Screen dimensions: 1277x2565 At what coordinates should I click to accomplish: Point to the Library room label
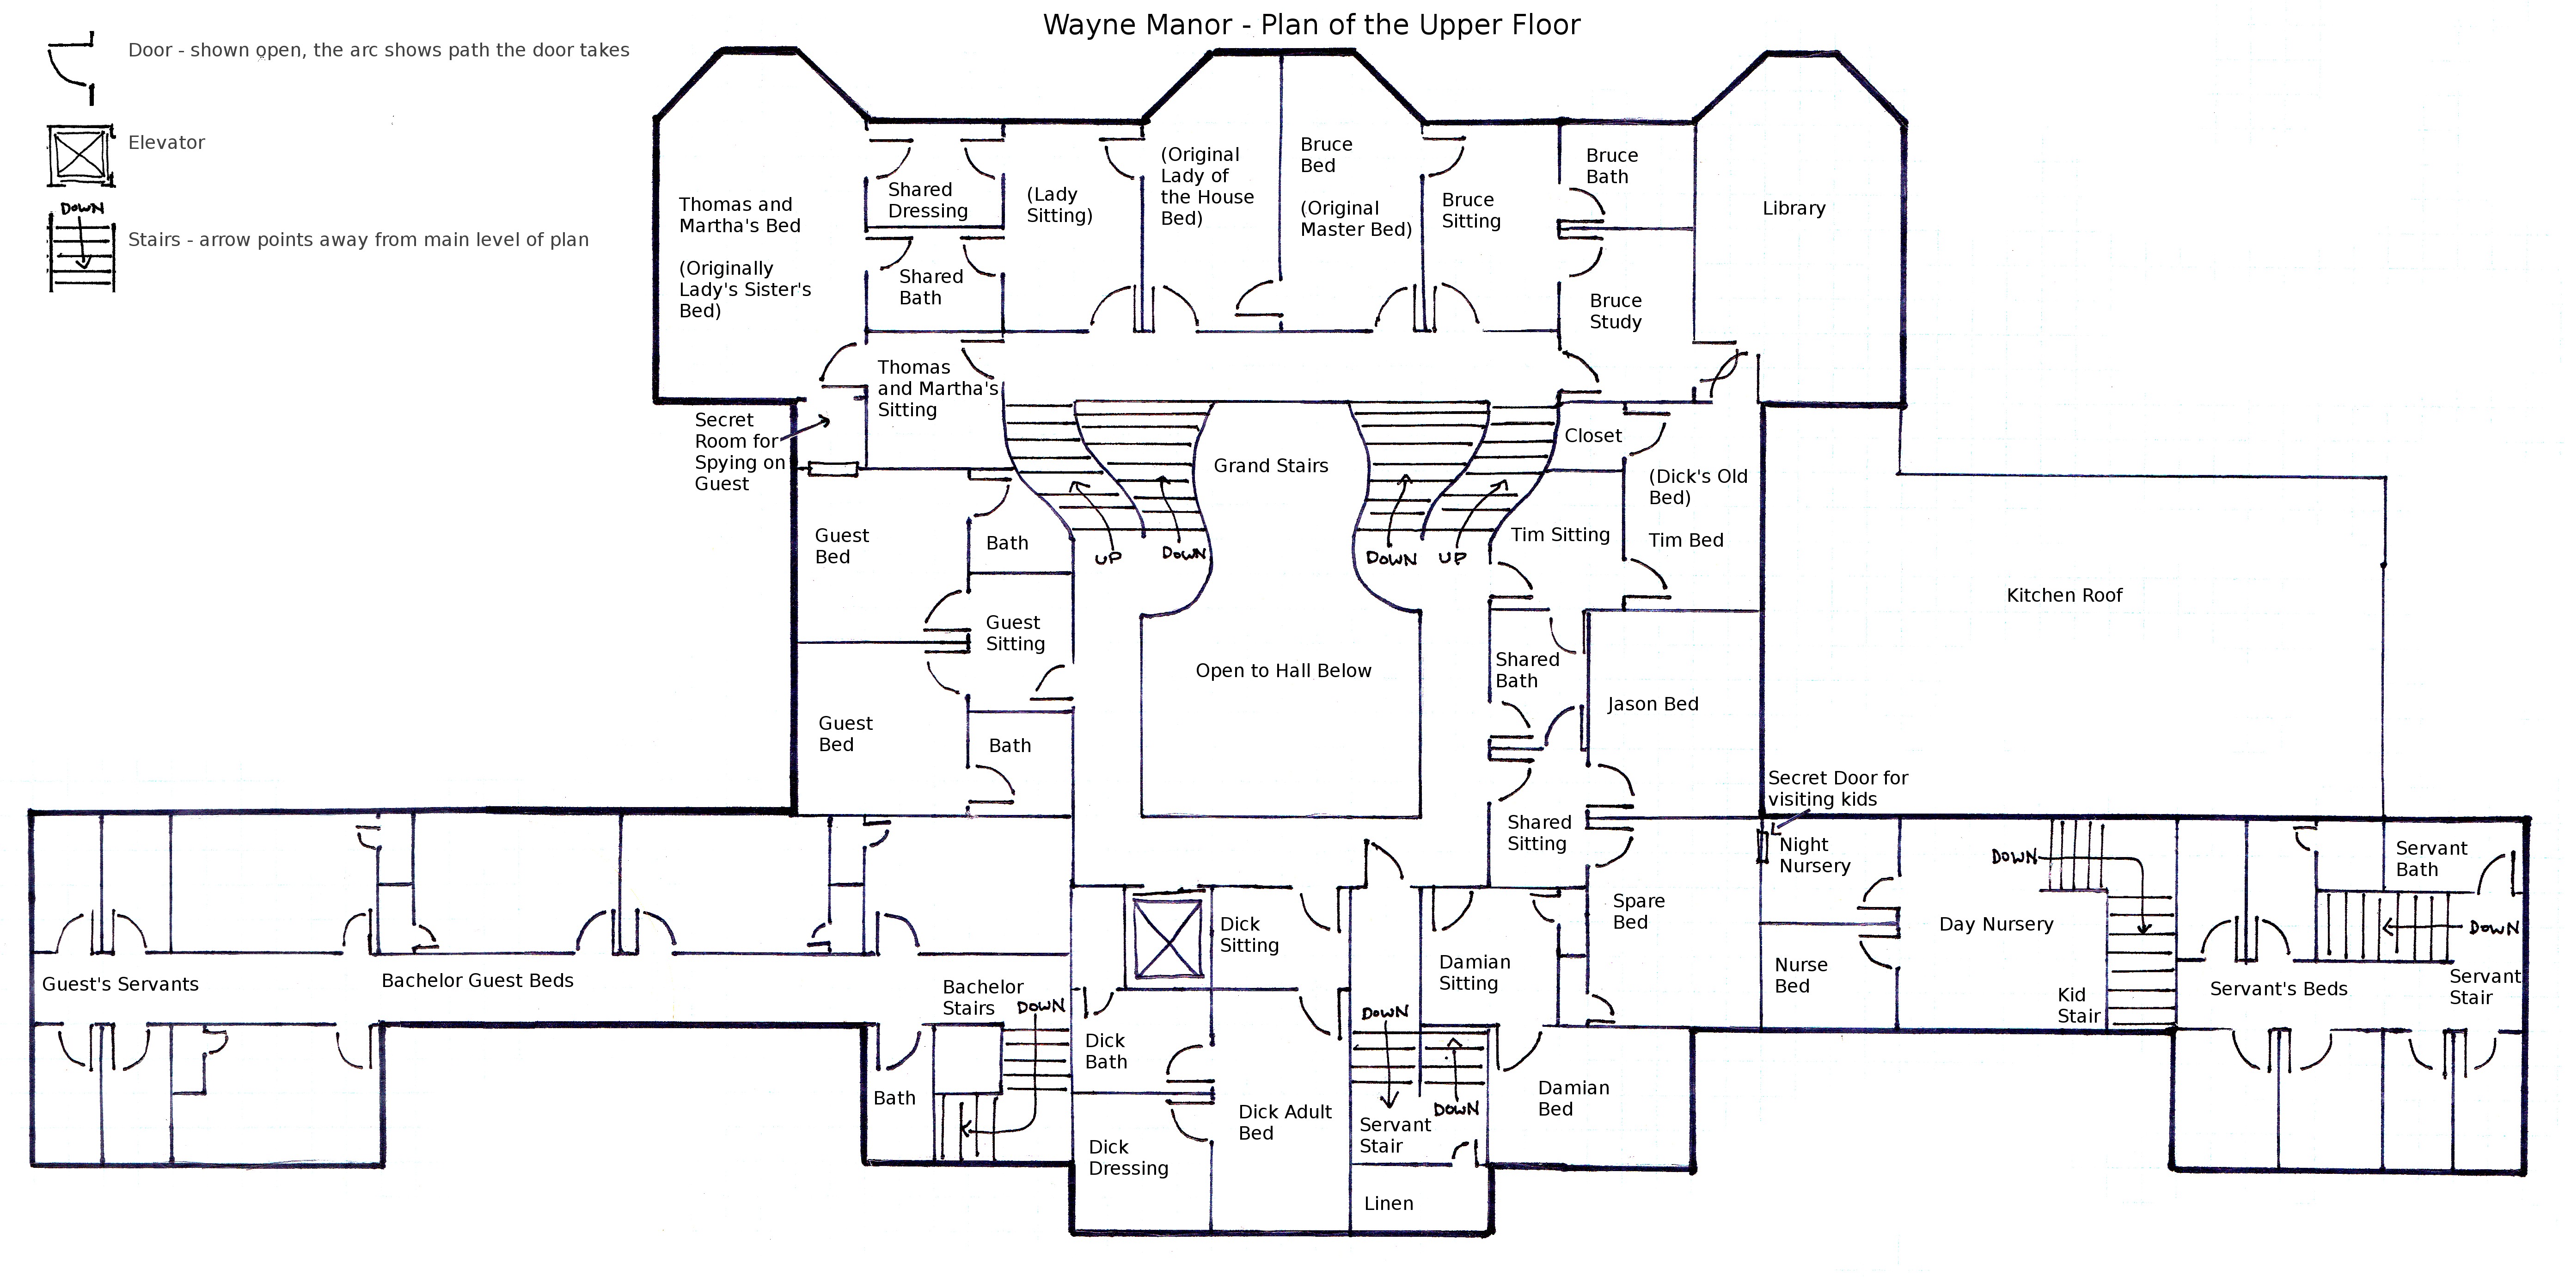tap(1794, 208)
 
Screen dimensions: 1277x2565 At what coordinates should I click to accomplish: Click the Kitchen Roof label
tap(2064, 596)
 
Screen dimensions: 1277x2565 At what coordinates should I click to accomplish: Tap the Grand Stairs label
tap(1271, 466)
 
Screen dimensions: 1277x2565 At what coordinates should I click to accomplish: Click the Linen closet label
tap(1388, 1203)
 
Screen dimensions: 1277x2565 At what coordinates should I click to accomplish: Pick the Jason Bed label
tap(1652, 704)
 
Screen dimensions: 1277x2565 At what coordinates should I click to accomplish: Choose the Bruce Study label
tap(1615, 312)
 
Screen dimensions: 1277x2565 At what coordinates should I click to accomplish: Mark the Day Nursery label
tap(1996, 925)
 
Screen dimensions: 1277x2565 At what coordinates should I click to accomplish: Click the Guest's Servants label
tap(121, 984)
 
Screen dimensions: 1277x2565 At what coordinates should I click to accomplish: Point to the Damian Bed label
tap(1573, 1098)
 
